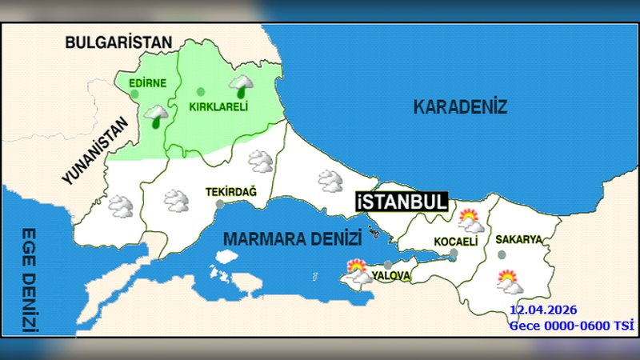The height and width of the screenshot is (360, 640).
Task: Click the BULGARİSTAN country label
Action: [119, 42]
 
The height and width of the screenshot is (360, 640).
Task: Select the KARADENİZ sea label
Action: [460, 107]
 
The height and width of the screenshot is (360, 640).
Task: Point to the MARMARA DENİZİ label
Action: [292, 238]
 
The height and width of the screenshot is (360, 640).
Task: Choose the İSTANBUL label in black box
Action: [402, 202]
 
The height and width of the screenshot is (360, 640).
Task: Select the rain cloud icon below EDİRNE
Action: [156, 117]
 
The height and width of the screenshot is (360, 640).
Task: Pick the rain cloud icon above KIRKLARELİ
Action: [242, 85]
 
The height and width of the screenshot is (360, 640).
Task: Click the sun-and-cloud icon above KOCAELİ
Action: [470, 219]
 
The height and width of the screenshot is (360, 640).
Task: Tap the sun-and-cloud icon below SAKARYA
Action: [509, 282]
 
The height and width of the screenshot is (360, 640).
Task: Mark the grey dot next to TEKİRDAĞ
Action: [220, 204]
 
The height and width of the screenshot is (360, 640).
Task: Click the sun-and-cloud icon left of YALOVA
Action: [358, 273]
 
